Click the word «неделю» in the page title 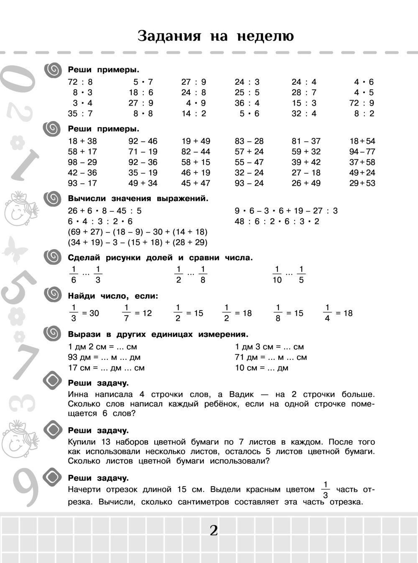tap(265, 36)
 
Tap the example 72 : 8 tap(80, 82)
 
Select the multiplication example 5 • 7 tap(143, 82)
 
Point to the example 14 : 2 tap(194, 114)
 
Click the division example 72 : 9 tap(362, 103)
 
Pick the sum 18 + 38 tap(82, 141)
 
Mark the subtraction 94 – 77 tap(362, 152)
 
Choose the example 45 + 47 tap(196, 183)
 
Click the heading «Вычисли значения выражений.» tap(138, 199)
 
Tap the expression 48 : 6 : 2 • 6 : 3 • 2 tap(277, 222)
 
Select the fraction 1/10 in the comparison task tap(277, 275)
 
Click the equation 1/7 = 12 tap(137, 313)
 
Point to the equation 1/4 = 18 tap(338, 313)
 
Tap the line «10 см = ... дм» tap(262, 368)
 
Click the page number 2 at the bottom tap(214, 531)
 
